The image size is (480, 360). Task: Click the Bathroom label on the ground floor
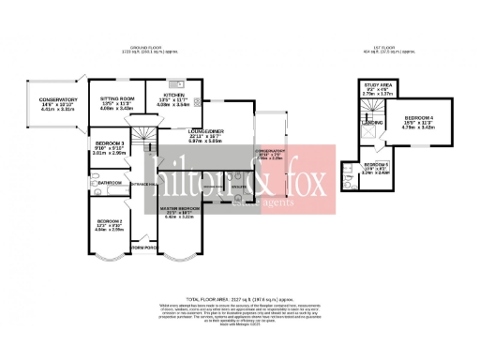click(100, 181)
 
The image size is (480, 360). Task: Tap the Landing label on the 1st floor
click(372, 123)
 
